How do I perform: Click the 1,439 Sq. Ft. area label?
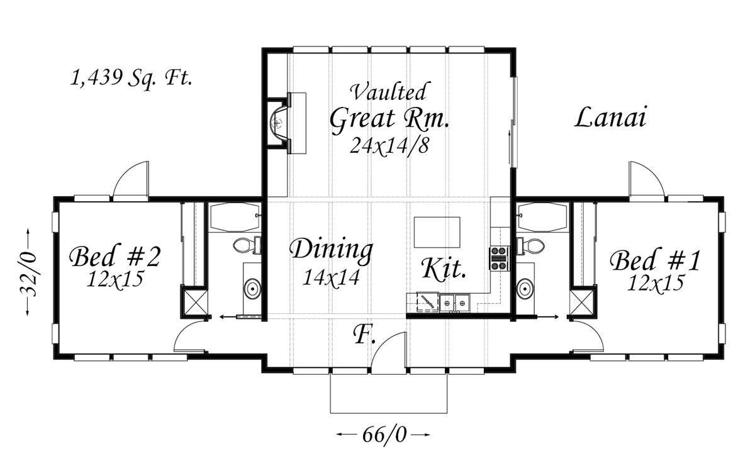tap(131, 79)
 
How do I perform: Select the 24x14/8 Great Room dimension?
tap(389, 145)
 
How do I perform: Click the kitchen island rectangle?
tap(437, 233)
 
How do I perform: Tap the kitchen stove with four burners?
tap(499, 258)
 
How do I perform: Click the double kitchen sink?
tap(455, 303)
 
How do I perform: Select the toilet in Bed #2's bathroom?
tap(247, 245)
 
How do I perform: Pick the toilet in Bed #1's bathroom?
tap(530, 246)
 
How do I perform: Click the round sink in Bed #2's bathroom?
tap(252, 289)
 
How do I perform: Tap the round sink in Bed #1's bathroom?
tap(525, 289)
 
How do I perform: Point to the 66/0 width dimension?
tap(384, 435)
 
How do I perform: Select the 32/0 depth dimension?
tap(28, 272)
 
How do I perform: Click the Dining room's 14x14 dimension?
tap(331, 277)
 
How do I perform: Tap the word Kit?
tap(444, 269)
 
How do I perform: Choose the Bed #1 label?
tap(655, 260)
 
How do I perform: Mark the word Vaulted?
tap(389, 91)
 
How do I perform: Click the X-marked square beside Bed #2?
tap(195, 302)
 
